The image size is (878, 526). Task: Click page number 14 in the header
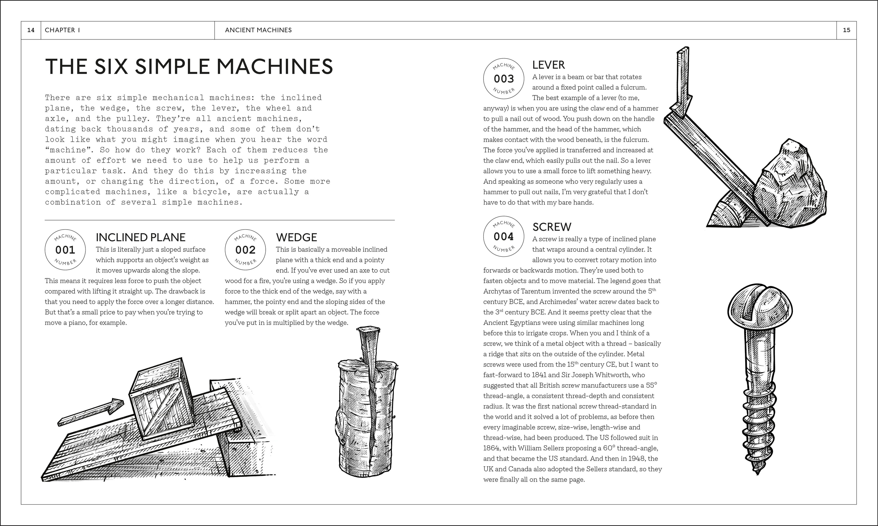click(x=31, y=30)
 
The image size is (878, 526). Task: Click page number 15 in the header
click(x=846, y=30)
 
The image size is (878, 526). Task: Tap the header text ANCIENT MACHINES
click(x=258, y=30)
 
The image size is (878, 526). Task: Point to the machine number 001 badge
click(x=65, y=250)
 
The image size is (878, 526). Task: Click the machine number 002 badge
click(x=245, y=250)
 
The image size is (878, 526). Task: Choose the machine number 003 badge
click(x=504, y=78)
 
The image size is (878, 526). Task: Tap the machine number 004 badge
click(x=504, y=236)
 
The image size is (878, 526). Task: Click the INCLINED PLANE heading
click(x=140, y=237)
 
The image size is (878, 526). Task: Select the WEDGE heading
click(x=296, y=237)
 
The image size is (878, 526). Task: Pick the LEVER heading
click(x=548, y=65)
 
